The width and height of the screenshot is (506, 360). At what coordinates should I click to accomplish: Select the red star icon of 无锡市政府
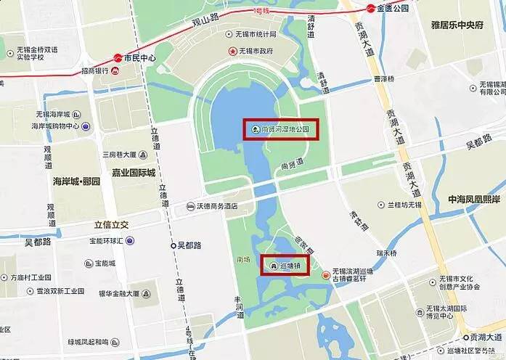[x=232, y=51]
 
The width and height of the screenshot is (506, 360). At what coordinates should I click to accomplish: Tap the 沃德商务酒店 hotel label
[x=218, y=206]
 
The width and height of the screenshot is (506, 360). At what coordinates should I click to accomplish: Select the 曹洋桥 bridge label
[x=383, y=78]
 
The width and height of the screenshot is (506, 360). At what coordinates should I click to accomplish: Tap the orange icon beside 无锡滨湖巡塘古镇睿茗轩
[x=325, y=274]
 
